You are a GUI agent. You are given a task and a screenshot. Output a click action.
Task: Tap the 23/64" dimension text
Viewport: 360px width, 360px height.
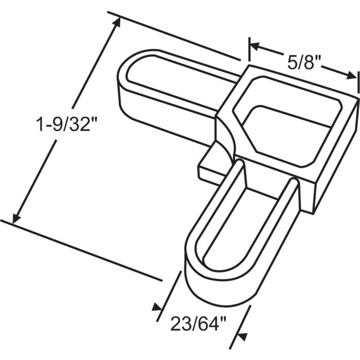click(197, 326)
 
